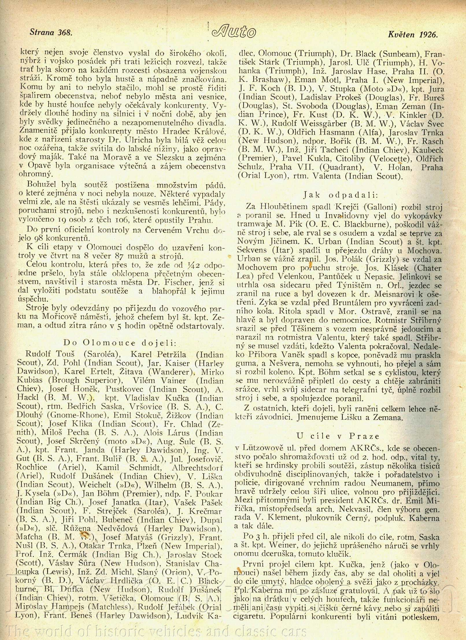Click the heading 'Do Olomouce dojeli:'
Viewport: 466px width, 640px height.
coord(120,343)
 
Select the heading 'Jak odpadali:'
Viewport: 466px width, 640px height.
coord(340,195)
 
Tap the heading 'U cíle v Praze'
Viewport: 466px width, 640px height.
coord(338,436)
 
